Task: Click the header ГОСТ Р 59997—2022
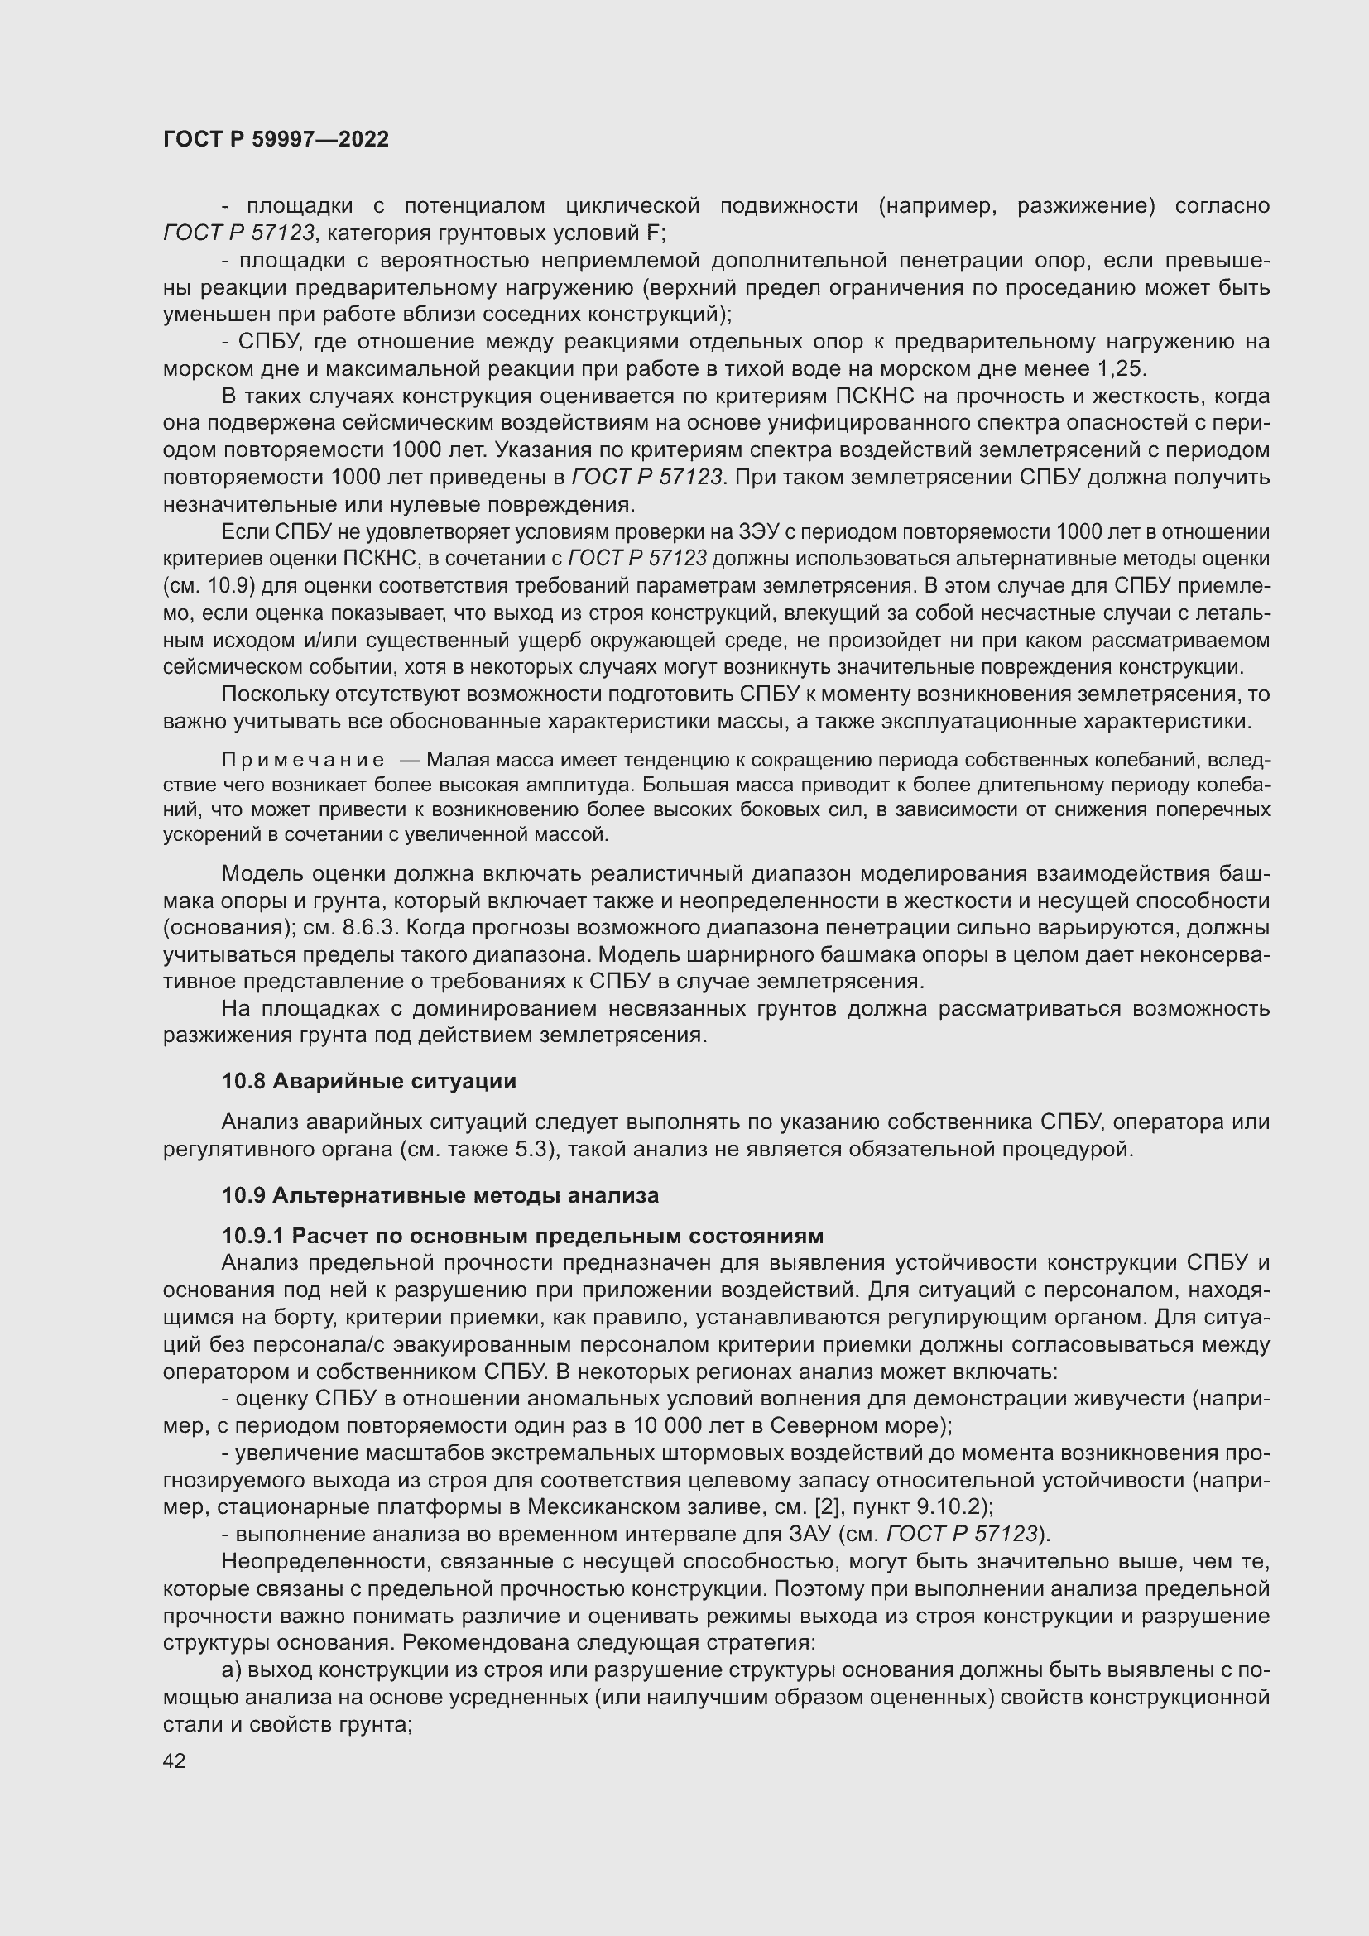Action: tap(276, 139)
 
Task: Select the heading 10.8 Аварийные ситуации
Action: tap(368, 1081)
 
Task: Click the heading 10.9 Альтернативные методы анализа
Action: tap(440, 1195)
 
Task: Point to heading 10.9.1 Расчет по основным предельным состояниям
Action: tap(521, 1235)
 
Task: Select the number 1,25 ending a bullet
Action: tap(1121, 368)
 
